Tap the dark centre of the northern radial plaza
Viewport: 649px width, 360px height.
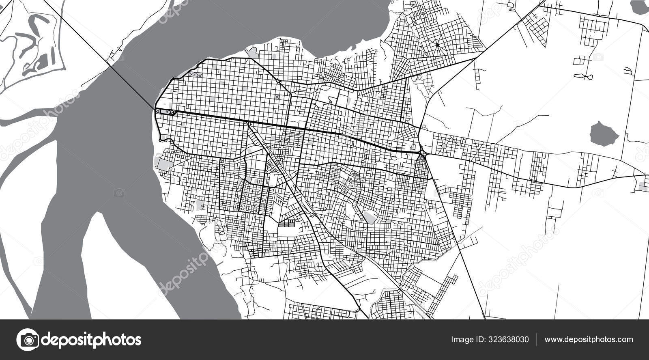437,45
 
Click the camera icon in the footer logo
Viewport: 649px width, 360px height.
28,339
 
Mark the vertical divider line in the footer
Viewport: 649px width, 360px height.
536,339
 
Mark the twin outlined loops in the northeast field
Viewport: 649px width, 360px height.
583,76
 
